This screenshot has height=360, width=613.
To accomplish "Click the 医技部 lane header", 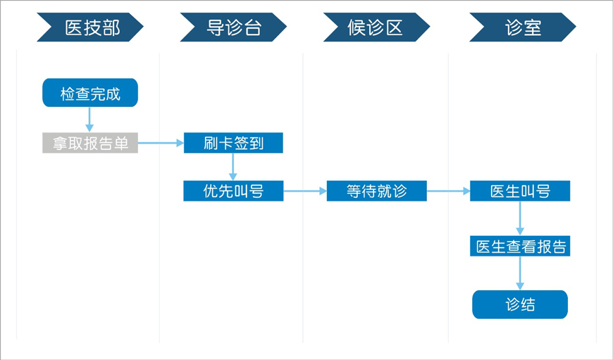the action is tap(90, 27).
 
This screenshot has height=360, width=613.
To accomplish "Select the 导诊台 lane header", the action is tap(233, 27).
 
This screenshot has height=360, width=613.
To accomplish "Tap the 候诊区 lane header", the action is tap(376, 27).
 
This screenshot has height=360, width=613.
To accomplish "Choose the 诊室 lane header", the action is tap(523, 27).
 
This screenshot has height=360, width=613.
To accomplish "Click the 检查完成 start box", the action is tap(90, 92).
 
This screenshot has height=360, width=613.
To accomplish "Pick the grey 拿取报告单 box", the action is tap(90, 143).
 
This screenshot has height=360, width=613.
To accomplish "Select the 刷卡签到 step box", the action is tap(233, 143).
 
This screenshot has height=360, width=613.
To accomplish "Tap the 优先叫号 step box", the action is tap(233, 191).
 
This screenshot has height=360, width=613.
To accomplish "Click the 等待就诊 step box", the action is tap(376, 191).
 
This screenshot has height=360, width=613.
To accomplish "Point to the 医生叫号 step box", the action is tap(520, 191).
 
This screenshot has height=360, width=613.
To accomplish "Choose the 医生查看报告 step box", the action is tap(520, 246).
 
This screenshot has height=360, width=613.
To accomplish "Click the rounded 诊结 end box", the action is tap(520, 304).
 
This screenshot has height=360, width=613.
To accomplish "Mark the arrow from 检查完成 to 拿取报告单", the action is tap(89, 120).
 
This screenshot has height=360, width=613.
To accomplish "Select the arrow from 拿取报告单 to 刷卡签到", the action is tap(161, 143).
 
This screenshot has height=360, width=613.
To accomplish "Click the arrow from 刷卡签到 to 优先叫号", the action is tap(233, 167).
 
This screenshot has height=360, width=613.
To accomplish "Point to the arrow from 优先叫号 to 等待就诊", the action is tap(305, 191).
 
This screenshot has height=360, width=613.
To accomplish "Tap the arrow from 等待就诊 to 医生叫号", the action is tap(448, 191).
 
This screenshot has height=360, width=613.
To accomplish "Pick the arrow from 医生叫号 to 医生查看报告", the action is tap(520, 218).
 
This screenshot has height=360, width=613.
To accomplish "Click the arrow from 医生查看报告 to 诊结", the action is tap(520, 273).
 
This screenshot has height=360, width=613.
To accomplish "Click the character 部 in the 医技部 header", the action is tap(111, 27).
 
